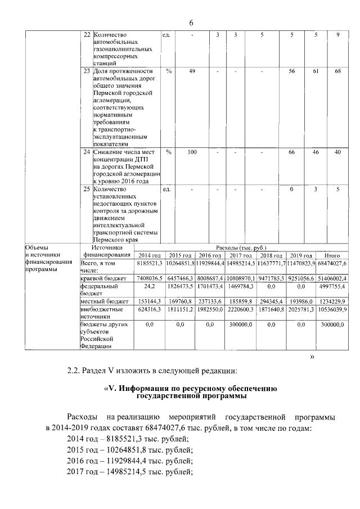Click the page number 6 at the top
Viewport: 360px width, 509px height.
tap(191, 22)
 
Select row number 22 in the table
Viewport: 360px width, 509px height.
tap(87, 35)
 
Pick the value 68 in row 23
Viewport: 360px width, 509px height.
tap(337, 71)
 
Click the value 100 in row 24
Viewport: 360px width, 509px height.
tap(192, 152)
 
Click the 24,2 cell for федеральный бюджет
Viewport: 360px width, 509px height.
tap(150, 286)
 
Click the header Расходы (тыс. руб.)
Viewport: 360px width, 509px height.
tap(241, 247)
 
